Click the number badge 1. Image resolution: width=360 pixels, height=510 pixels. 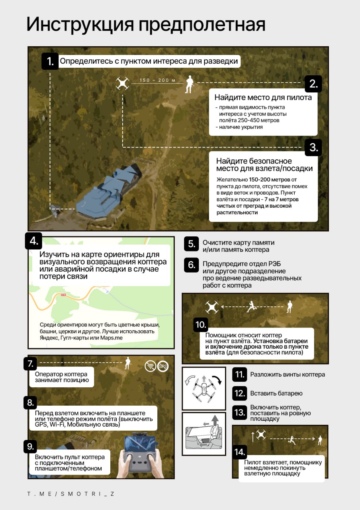pyautogui.click(x=50, y=61)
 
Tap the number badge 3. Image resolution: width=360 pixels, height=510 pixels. pyautogui.click(x=313, y=147)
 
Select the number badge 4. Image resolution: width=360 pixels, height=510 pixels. pyautogui.click(x=33, y=241)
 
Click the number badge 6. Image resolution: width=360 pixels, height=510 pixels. pyautogui.click(x=191, y=265)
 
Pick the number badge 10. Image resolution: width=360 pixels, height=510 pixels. pyautogui.click(x=201, y=325)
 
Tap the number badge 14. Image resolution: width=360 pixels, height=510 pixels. pyautogui.click(x=239, y=452)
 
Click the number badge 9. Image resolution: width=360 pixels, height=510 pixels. pyautogui.click(x=30, y=447)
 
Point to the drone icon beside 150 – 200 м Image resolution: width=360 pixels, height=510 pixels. pyautogui.click(x=123, y=83)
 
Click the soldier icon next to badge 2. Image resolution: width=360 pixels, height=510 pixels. pyautogui.click(x=189, y=84)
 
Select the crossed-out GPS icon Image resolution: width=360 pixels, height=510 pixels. pyautogui.click(x=163, y=366)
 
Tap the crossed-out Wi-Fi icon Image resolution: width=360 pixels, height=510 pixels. pyautogui.click(x=150, y=366)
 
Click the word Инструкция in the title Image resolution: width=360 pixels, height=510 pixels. pyautogui.click(x=80, y=25)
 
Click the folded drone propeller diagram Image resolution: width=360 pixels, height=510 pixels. pyautogui.click(x=204, y=388)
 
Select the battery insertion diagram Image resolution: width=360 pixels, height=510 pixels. pyautogui.click(x=204, y=433)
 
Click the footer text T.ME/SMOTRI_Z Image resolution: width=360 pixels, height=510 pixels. pyautogui.click(x=71, y=494)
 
